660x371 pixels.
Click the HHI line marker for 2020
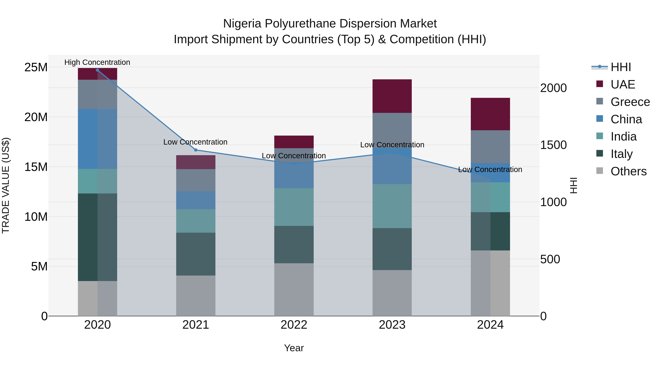tap(97, 70)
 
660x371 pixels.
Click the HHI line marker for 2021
tap(196, 150)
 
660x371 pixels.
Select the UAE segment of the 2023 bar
tap(392, 96)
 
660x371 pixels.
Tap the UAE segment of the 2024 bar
tap(490, 114)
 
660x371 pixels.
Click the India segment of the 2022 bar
tap(294, 207)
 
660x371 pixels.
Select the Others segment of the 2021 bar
tap(196, 296)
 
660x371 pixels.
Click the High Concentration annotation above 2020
tap(97, 62)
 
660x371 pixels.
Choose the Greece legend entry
tap(630, 102)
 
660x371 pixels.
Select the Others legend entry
tap(628, 171)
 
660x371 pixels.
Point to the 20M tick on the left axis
tap(36, 117)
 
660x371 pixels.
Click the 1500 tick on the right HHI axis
tap(553, 145)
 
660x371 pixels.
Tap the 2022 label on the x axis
tap(294, 325)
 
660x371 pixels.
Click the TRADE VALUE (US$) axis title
tap(6, 185)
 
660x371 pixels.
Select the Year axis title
tap(294, 348)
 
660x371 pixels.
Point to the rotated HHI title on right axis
tap(573, 185)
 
